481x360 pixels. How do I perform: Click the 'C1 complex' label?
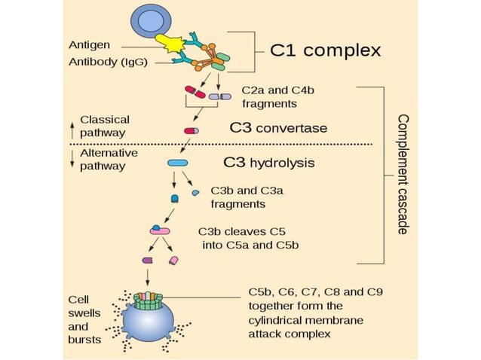pos(326,51)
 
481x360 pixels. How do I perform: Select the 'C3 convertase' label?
pos(278,128)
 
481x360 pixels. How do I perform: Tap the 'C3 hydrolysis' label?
pos(269,162)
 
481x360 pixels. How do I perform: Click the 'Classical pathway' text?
pos(105,126)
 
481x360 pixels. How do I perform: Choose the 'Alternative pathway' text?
pos(109,159)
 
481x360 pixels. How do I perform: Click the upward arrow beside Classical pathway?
pos(72,127)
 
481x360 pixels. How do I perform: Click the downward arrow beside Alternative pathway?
pos(72,159)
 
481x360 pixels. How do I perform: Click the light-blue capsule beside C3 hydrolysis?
pos(177,163)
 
